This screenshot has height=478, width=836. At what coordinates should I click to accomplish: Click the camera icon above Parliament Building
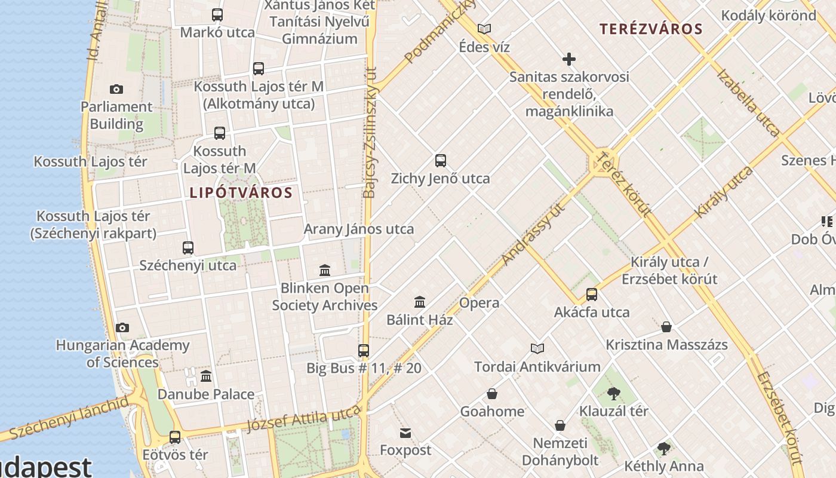point(116,90)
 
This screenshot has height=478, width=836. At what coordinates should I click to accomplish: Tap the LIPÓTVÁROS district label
point(241,193)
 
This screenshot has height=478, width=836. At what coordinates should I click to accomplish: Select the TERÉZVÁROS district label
point(651,29)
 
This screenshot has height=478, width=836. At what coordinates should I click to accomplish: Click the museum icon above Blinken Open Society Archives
point(325,271)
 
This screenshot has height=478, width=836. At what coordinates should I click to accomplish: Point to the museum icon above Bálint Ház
point(420,302)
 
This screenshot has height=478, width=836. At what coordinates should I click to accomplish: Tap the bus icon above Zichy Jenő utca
point(441,161)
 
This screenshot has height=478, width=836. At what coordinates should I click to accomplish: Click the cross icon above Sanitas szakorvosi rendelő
point(569,59)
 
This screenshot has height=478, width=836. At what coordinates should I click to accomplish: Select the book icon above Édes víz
point(484,29)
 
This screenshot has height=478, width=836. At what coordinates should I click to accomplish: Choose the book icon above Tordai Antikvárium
point(537,349)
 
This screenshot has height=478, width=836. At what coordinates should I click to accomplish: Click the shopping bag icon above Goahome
point(492,394)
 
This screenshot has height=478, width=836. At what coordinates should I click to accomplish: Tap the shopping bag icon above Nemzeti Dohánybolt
point(560,425)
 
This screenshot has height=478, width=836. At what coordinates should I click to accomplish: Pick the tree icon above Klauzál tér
point(613,394)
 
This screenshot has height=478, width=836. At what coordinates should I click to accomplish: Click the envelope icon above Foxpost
point(405,433)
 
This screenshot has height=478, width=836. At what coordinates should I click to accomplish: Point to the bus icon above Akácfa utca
point(591,295)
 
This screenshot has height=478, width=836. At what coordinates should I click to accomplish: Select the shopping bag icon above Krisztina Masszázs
point(666,327)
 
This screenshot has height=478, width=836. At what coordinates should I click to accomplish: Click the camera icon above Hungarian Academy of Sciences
point(122,327)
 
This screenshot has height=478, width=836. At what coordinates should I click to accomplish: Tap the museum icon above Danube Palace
point(206,376)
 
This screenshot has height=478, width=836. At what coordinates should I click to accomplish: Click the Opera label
point(479,303)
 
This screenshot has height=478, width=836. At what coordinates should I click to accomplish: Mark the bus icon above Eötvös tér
point(175,437)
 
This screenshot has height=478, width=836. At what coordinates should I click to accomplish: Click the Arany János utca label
point(358,229)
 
